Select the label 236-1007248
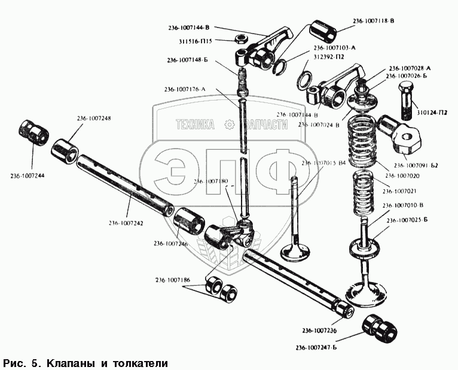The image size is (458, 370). click(x=94, y=119)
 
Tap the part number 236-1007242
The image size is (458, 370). click(x=126, y=223)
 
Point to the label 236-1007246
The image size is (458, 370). click(x=170, y=243)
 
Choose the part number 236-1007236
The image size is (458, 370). click(x=319, y=331)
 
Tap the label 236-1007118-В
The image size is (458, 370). click(x=374, y=21)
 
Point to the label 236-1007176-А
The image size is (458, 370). click(x=185, y=89)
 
